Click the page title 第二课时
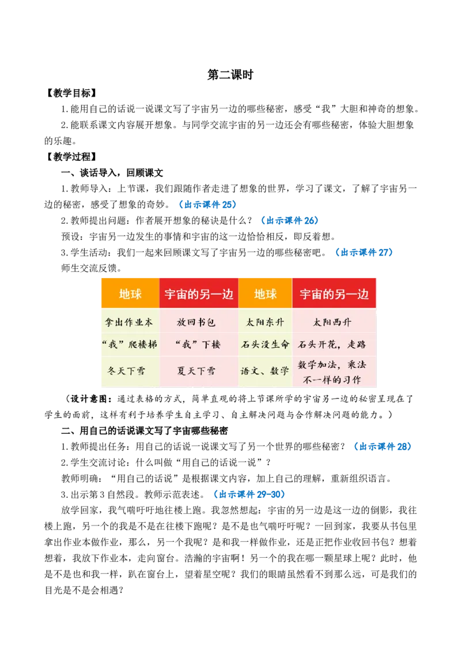click(230, 74)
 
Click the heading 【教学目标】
click(71, 93)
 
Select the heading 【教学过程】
click(71, 156)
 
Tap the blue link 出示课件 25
click(207, 204)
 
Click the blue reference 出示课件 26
click(290, 220)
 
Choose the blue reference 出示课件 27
click(364, 252)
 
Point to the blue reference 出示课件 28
click(383, 446)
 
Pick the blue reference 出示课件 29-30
click(249, 494)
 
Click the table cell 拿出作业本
click(129, 322)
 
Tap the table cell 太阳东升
click(265, 322)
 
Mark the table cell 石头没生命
click(265, 344)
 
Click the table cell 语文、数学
click(265, 370)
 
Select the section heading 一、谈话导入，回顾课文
click(112, 173)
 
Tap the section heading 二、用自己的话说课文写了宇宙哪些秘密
click(145, 430)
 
